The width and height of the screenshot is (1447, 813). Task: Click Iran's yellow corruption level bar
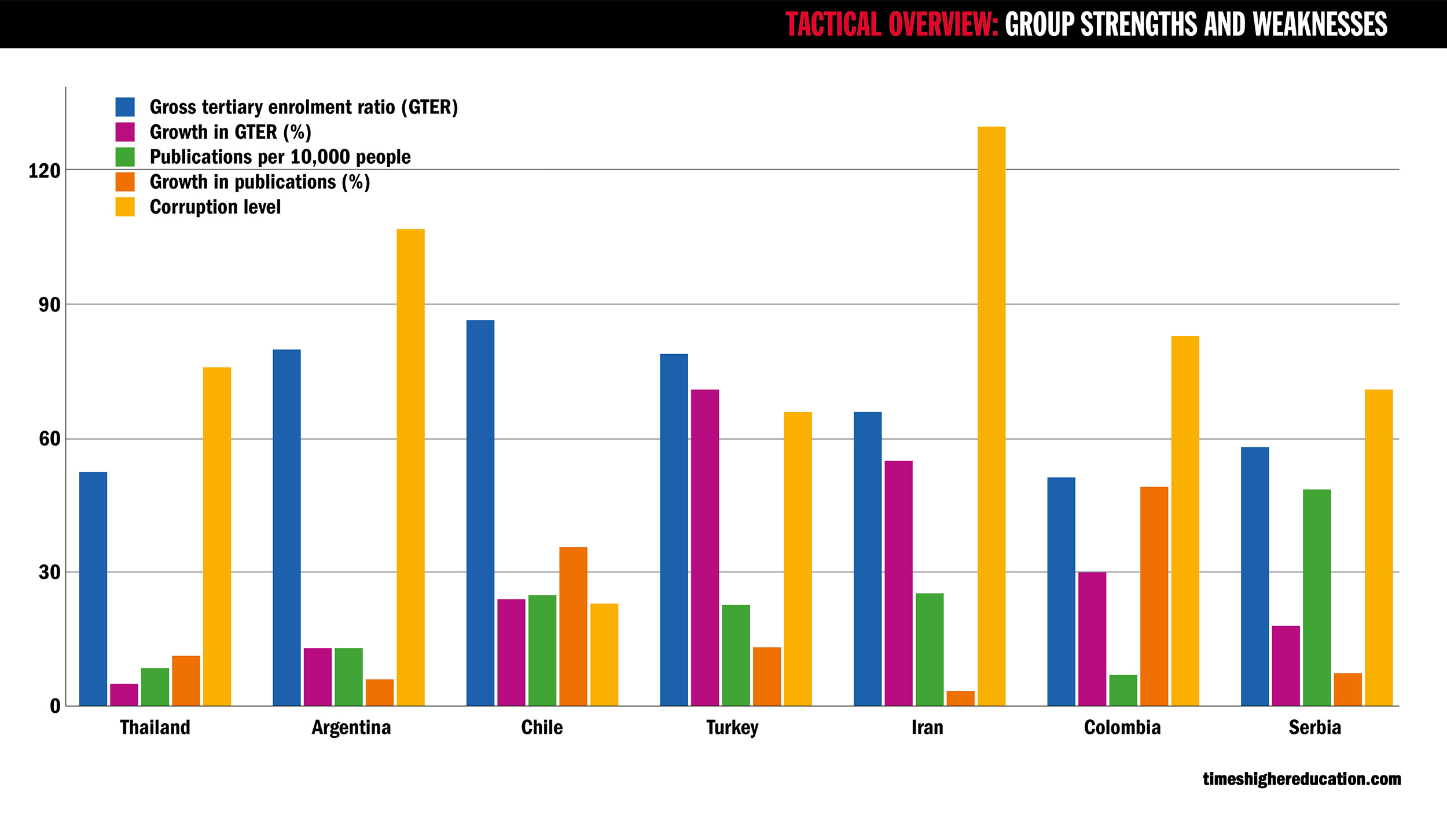[x=991, y=416]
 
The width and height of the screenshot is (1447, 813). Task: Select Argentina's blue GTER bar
[x=287, y=527]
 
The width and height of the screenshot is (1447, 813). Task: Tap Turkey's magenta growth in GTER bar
[x=705, y=547]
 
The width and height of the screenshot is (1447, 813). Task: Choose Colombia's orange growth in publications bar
[x=1154, y=596]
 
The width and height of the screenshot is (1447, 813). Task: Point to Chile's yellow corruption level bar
[x=604, y=654]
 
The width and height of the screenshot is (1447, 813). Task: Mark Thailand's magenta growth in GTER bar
[x=124, y=694]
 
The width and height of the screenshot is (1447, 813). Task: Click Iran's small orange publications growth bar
[x=960, y=698]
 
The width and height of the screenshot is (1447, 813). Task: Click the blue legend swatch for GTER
[x=125, y=107]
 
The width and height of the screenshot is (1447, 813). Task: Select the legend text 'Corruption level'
[x=215, y=207]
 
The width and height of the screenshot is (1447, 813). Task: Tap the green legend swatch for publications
[x=125, y=157]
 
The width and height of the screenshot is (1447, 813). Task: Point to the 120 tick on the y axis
[x=45, y=171]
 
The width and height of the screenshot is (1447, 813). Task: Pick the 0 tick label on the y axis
[x=55, y=707]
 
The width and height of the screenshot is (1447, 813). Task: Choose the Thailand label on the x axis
[x=155, y=727]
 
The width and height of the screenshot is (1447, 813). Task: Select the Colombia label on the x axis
[x=1122, y=727]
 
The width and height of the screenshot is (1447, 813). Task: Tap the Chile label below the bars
[x=542, y=727]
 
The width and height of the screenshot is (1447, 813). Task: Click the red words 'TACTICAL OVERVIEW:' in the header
[x=891, y=24]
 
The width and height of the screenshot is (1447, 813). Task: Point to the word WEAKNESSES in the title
[x=1320, y=24]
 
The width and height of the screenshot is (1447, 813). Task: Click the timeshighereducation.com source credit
[x=1302, y=779]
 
